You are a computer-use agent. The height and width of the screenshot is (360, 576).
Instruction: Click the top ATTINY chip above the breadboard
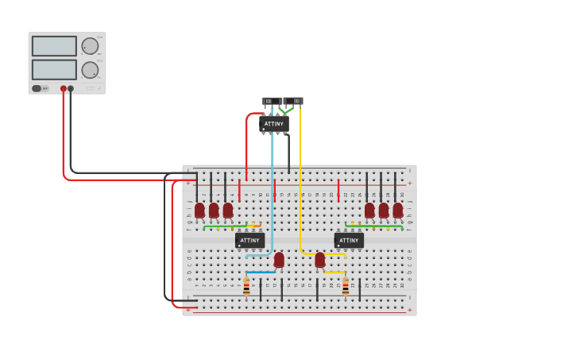tap(273, 124)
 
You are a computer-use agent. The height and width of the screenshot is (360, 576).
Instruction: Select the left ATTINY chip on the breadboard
tap(249, 240)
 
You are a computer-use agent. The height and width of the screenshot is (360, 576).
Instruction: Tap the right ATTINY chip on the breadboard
tap(349, 240)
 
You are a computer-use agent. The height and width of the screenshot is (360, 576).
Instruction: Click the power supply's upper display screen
tap(54, 46)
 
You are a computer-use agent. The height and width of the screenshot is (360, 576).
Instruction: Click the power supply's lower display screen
tap(54, 69)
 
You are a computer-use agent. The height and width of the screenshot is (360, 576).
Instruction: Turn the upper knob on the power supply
tap(90, 46)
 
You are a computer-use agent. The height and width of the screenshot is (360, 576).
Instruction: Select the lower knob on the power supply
tap(90, 70)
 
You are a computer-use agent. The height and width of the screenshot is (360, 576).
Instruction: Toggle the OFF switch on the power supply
tap(37, 88)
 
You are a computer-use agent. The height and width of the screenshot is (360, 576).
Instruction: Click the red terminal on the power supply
tap(64, 89)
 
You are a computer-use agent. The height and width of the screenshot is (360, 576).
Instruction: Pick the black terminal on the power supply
tap(71, 89)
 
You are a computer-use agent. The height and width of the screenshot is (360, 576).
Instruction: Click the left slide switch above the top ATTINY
tap(270, 101)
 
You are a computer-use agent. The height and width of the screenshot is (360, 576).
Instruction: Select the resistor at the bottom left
tap(246, 288)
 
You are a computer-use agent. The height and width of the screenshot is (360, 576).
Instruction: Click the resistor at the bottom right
tap(346, 288)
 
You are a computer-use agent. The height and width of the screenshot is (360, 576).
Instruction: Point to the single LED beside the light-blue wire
tap(279, 260)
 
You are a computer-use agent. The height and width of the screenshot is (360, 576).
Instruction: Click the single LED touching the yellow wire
tap(320, 260)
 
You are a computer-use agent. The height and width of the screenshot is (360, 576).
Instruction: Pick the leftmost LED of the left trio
tap(199, 210)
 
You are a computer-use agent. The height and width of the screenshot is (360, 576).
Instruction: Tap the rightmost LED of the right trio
tap(398, 210)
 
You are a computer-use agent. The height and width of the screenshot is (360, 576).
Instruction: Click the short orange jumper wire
tap(256, 226)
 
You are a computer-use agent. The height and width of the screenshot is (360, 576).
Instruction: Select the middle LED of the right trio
tap(384, 210)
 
